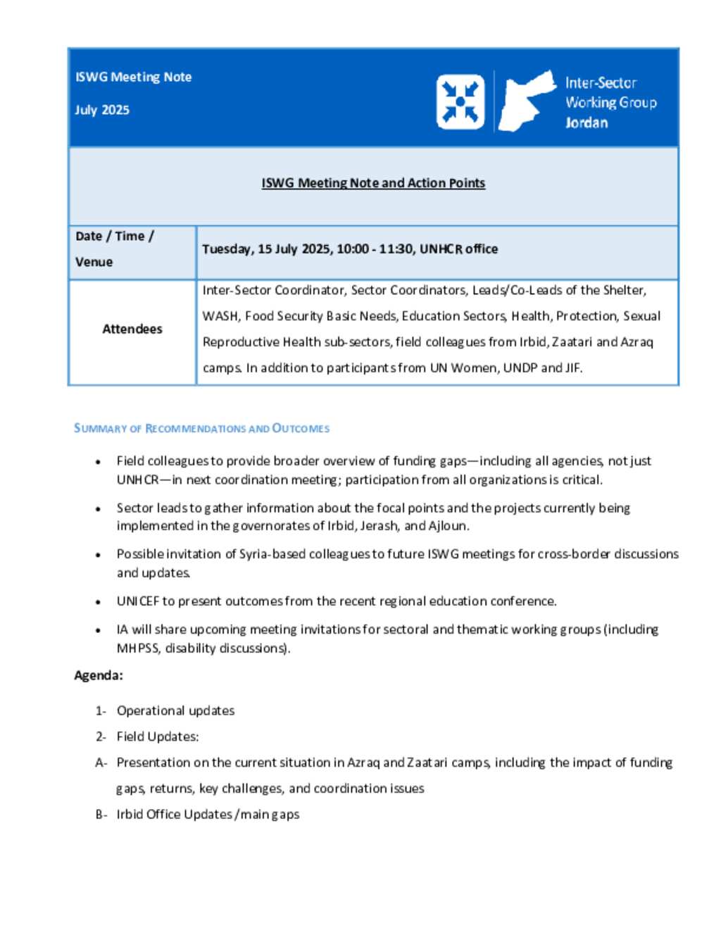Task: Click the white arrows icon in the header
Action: coord(460,102)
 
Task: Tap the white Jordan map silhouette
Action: coord(524,101)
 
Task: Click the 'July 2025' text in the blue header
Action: coord(102,110)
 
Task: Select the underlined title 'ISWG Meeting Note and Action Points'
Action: coord(373,183)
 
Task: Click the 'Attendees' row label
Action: coord(132,329)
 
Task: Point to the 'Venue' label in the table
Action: coord(94,262)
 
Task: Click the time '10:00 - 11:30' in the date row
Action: coord(375,249)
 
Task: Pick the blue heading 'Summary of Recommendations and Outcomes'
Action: coord(201,428)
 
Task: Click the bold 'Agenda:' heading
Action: coord(99,675)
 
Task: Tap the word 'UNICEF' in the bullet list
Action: coord(138,601)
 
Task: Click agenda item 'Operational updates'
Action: coord(175,710)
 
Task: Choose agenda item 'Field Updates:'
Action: coord(158,737)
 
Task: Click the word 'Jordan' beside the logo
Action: coord(587,123)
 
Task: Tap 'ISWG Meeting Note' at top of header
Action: coord(133,77)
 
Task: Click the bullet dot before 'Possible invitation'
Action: coord(98,555)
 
